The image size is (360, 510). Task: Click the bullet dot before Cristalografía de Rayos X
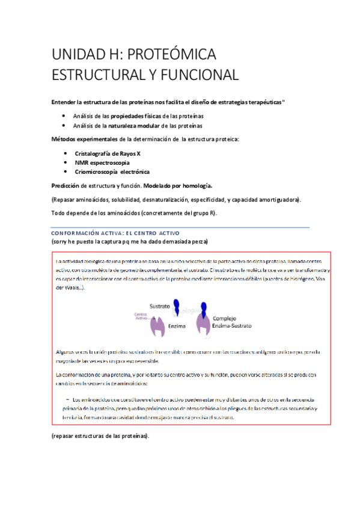65,153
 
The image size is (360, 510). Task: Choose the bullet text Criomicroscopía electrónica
112,172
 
